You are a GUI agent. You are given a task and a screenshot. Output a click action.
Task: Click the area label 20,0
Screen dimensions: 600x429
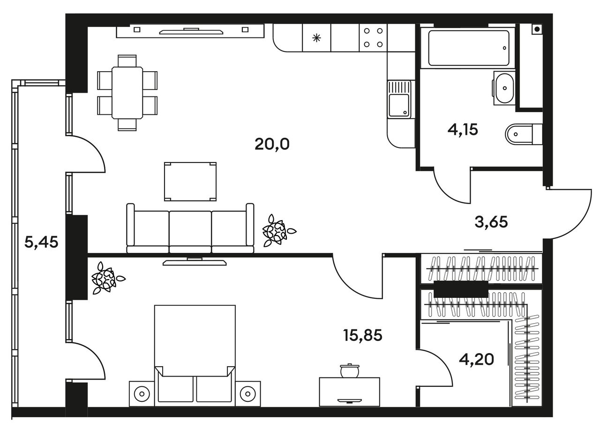click(x=272, y=144)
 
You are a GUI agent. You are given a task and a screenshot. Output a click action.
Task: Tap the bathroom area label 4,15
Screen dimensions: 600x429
click(x=463, y=130)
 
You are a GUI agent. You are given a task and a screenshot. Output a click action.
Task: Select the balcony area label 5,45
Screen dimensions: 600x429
click(x=41, y=243)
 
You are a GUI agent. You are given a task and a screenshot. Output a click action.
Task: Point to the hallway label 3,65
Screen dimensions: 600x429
click(x=491, y=222)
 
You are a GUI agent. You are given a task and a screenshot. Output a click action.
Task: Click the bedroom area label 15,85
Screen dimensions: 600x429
click(x=363, y=335)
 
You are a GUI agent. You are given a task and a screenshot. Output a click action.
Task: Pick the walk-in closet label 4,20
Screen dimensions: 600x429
click(x=476, y=359)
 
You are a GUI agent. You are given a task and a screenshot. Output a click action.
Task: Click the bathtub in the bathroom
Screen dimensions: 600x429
click(x=469, y=48)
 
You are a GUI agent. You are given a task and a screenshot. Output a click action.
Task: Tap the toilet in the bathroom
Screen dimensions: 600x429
click(x=524, y=134)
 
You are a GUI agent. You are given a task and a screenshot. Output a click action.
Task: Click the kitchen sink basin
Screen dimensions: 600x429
click(x=399, y=105)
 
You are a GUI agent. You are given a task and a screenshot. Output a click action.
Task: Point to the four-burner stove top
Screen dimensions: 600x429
click(x=373, y=38)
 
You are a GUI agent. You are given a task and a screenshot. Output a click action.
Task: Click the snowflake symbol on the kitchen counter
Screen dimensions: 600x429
click(x=316, y=38)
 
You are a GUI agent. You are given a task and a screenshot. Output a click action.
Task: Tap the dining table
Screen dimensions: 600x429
click(x=127, y=93)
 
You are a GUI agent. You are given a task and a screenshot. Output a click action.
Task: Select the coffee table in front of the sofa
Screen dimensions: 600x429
click(x=190, y=181)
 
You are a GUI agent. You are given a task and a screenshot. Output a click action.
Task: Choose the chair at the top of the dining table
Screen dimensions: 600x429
click(x=127, y=61)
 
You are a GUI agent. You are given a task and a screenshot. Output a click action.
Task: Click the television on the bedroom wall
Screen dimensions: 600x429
click(x=195, y=261)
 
